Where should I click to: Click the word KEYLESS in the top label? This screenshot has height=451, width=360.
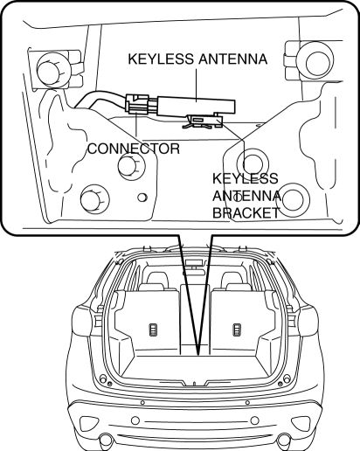pos(161,59)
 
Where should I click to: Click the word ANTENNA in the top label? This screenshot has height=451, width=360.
pos(233,59)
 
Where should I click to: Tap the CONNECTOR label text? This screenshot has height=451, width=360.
pos(134,149)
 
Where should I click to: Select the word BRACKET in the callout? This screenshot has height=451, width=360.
pos(246,213)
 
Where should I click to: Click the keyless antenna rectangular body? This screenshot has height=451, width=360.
pos(196,106)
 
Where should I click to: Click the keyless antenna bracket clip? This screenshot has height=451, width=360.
pos(203,121)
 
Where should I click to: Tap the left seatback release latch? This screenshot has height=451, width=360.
pos(153,330)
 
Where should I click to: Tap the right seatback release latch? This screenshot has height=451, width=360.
pos(236,330)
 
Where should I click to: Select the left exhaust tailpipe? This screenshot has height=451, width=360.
pos(105,441)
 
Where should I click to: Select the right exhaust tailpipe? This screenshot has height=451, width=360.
pos(283,441)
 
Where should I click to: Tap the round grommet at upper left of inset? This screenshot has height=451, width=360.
pos(52,70)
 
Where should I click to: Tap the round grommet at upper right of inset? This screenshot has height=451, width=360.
pos(315,61)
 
